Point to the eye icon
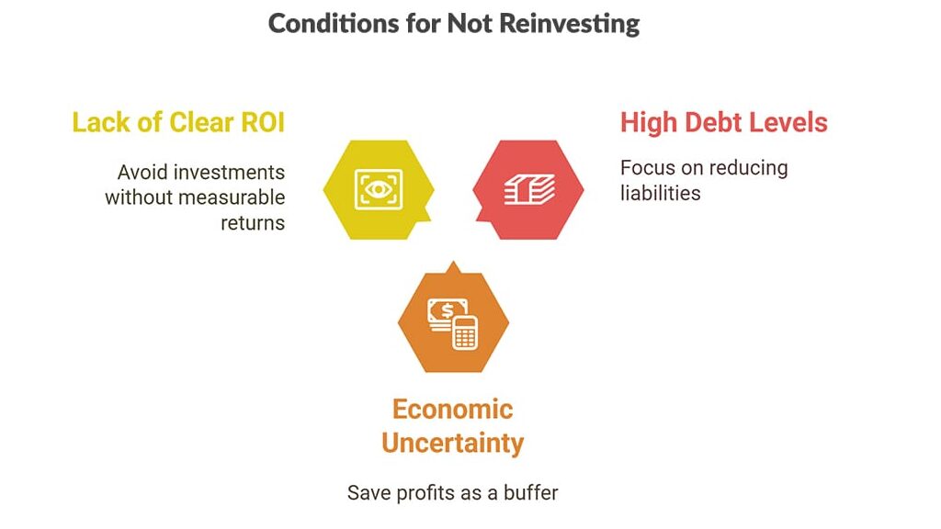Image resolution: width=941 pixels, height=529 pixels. (x=377, y=190)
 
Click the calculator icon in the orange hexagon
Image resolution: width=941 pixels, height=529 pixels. (x=465, y=332)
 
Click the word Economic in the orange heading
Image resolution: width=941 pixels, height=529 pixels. (x=452, y=409)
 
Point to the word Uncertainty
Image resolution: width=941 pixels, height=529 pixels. (x=452, y=443)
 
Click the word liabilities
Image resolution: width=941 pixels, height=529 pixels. (x=661, y=193)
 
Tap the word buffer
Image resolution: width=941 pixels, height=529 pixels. (x=529, y=492)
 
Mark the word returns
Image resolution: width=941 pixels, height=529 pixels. (x=253, y=221)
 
